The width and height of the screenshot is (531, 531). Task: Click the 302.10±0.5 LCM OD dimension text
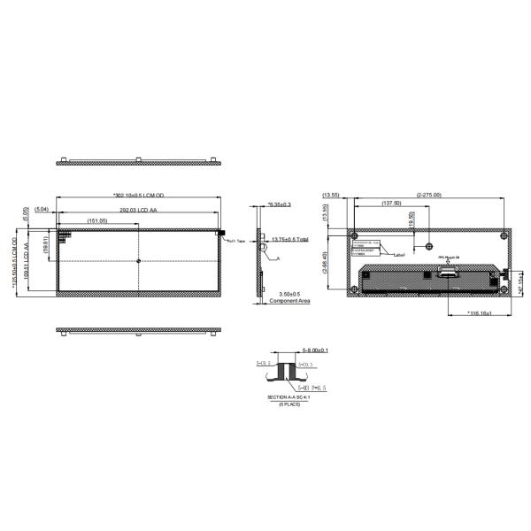140,195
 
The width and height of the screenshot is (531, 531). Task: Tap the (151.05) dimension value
97,220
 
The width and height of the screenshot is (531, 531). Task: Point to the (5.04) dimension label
41,211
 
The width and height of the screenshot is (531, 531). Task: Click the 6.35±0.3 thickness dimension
280,204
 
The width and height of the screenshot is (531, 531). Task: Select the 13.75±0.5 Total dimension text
290,239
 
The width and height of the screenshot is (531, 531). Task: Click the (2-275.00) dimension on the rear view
428,195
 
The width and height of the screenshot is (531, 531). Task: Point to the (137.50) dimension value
390,204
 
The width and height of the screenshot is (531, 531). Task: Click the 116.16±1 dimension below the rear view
462,313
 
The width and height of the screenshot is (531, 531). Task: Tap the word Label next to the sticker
399,255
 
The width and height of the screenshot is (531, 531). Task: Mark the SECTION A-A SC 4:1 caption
289,398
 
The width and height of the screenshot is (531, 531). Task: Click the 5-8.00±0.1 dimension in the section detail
315,350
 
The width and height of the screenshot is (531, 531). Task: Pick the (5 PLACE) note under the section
290,404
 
